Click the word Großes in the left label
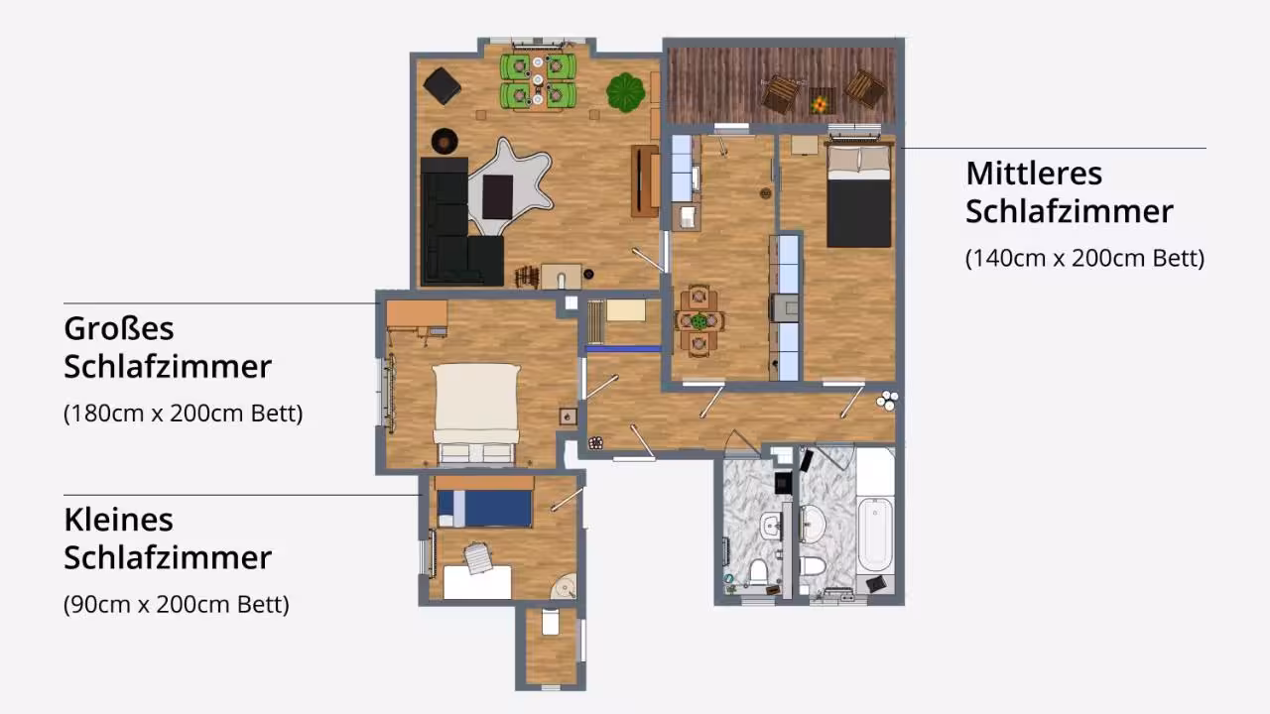[118, 329]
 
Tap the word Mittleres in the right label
[1034, 174]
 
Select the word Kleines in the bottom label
[118, 521]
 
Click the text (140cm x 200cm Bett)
[1084, 259]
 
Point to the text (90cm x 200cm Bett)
[177, 605]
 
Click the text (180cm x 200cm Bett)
[184, 414]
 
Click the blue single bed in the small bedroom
[485, 509]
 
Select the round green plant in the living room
[625, 92]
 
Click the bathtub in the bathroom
[875, 536]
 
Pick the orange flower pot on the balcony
[820, 104]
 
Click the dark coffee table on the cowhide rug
[498, 197]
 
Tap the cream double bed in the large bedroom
[476, 414]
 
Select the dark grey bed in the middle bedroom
[859, 196]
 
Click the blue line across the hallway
[623, 349]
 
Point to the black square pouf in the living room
[442, 85]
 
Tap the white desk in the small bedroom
[477, 582]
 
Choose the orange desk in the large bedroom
[417, 314]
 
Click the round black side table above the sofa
[444, 141]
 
